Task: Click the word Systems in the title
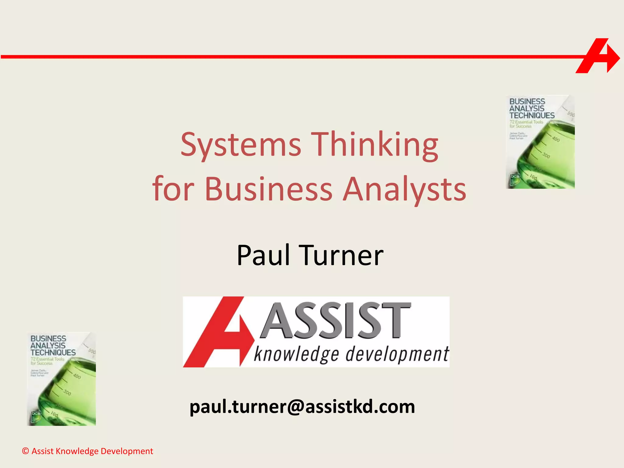pyautogui.click(x=241, y=145)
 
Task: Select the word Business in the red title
pyautogui.click(x=268, y=189)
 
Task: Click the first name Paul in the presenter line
pyautogui.click(x=263, y=255)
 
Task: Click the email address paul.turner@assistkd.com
pyautogui.click(x=302, y=406)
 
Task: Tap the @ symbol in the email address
pyautogui.click(x=295, y=407)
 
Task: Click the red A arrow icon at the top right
pyautogui.click(x=597, y=56)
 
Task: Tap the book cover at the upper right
pyautogui.click(x=540, y=142)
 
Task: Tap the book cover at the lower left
pyautogui.click(x=62, y=379)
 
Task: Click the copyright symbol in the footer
pyautogui.click(x=26, y=451)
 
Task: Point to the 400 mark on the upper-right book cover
pyautogui.click(x=556, y=139)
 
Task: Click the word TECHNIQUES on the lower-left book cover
pyautogui.click(x=53, y=353)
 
